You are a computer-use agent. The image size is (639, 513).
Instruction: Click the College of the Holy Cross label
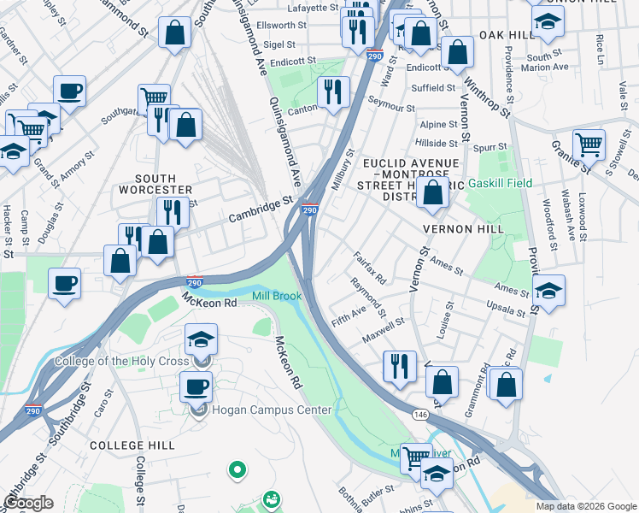click(121, 361)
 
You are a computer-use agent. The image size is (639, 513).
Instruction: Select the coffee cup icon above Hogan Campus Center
click(196, 386)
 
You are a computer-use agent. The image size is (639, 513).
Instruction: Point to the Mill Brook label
click(277, 296)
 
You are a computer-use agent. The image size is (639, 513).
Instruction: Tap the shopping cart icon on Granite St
click(589, 144)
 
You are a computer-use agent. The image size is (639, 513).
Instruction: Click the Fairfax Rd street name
click(370, 268)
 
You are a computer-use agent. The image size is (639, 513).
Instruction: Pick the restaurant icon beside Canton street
click(333, 92)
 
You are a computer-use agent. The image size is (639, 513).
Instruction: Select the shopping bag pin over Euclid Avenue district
click(433, 194)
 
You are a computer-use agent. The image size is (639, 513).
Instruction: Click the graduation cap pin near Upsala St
click(548, 289)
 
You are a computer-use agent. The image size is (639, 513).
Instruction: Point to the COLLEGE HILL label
click(132, 445)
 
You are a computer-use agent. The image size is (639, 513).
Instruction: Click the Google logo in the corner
click(28, 503)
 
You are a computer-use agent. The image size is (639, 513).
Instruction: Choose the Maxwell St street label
click(384, 327)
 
